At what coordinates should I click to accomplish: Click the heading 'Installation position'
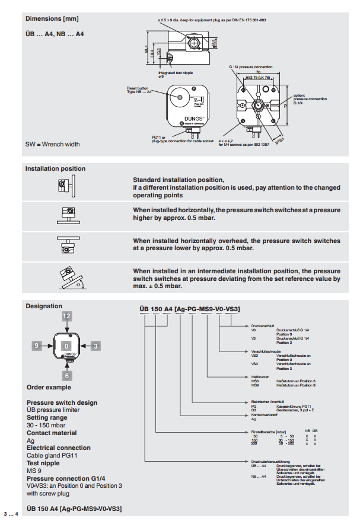[55, 169]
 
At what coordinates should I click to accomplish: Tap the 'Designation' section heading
[43, 306]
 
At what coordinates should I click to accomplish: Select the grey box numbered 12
[67, 316]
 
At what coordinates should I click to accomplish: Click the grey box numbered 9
[37, 344]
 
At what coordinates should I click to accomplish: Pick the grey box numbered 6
[67, 375]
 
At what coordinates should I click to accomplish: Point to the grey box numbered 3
[96, 344]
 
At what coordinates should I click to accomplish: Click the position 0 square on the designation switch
[67, 345]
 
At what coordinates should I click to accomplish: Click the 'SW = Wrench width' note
[52, 144]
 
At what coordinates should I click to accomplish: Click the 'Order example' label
[48, 388]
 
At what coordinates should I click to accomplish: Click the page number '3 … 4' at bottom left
[12, 513]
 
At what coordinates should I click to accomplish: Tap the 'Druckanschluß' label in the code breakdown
[262, 325]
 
